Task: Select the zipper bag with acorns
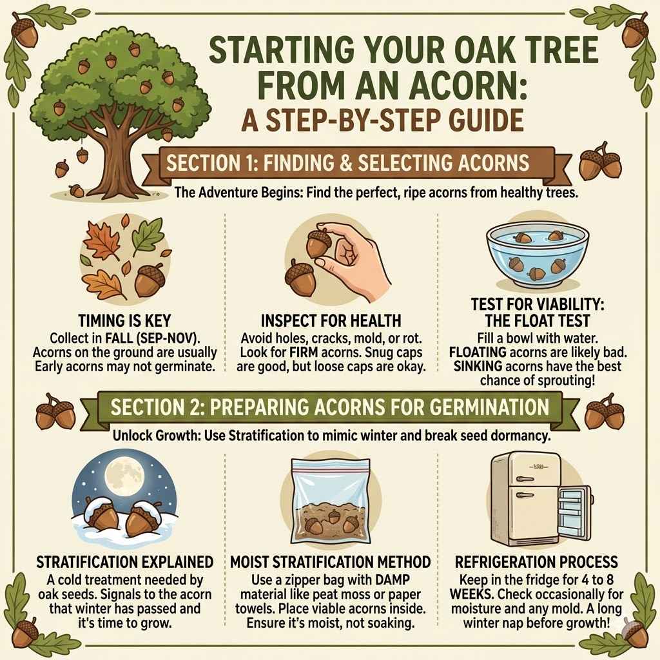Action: tap(329, 500)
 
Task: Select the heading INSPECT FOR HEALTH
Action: tap(331, 321)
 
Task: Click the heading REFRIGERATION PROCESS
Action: tap(536, 562)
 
